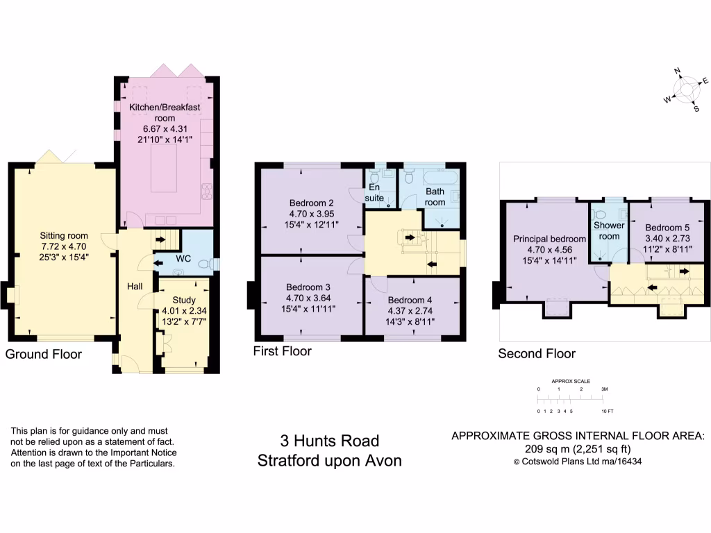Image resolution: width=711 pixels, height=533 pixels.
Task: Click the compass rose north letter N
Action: click(678, 71)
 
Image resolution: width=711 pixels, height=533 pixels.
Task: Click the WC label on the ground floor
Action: click(183, 259)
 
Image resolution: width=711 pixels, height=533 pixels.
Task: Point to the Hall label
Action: click(135, 285)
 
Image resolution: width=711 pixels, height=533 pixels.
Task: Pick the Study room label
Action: click(179, 300)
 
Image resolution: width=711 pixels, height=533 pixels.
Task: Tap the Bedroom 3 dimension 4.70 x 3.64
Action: click(308, 298)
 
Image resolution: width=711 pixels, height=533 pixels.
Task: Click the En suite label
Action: click(374, 192)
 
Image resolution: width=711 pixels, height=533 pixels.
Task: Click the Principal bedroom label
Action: click(549, 239)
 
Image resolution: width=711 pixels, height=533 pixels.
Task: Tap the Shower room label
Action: click(609, 230)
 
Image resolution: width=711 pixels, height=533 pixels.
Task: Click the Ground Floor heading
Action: click(44, 354)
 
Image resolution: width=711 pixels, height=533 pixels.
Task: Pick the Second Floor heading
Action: click(537, 354)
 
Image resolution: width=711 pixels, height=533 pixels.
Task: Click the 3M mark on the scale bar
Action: click(604, 390)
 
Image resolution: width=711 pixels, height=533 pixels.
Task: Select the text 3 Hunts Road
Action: click(329, 441)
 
